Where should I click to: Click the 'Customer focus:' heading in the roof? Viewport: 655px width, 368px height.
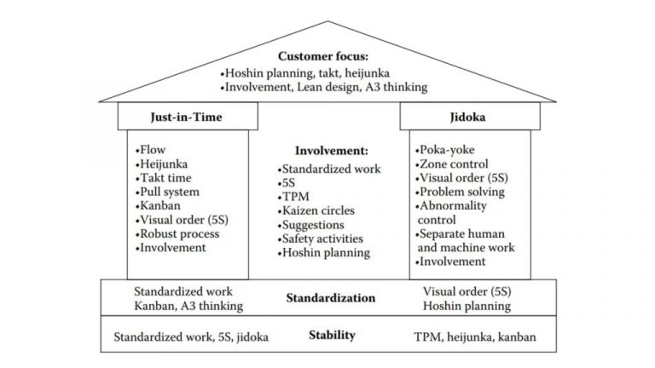[x=327, y=56]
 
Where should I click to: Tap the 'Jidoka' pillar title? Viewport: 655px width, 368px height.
[x=468, y=118]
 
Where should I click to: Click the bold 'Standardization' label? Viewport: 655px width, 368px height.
[x=330, y=298]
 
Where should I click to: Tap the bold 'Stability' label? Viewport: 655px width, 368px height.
[x=332, y=335]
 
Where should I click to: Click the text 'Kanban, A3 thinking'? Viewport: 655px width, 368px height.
[x=188, y=306]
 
